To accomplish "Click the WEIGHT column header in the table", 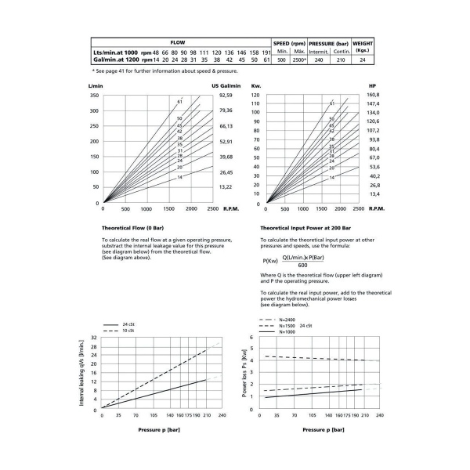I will pos(363,43).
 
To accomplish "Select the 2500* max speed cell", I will pos(298,60).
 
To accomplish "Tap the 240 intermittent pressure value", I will pos(319,60).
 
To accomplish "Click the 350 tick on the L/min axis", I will pos(95,95).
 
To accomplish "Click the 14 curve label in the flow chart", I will pos(180,177).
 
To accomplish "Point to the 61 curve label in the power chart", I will pos(331,103).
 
